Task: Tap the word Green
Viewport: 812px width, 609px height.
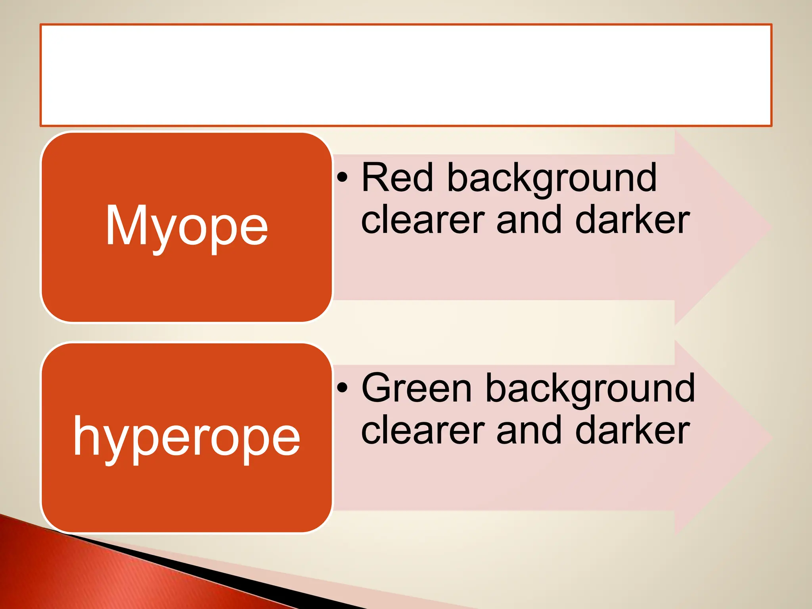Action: [x=417, y=389]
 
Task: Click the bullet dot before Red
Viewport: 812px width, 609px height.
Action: [x=343, y=177]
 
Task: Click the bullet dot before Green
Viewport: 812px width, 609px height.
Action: [x=343, y=387]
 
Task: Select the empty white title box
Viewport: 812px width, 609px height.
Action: [x=406, y=75]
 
